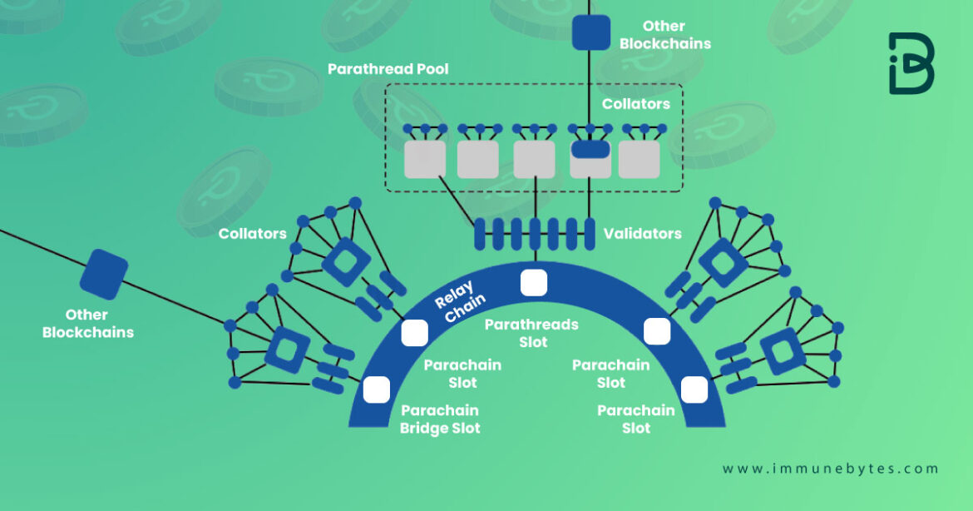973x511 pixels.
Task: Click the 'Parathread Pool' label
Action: tap(388, 69)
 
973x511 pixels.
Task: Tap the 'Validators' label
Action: tap(643, 234)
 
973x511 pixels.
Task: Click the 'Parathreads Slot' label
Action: tap(531, 333)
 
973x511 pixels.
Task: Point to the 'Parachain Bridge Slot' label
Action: tap(440, 419)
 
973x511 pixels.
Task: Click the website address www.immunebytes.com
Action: tap(830, 469)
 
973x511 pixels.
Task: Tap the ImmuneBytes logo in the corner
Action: tap(911, 63)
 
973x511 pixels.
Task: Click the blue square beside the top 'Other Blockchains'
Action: tap(591, 32)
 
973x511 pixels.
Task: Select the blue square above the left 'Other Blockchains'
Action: tap(108, 274)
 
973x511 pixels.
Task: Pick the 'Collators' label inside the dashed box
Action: tap(636, 104)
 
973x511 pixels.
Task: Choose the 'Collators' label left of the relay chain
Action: tap(252, 234)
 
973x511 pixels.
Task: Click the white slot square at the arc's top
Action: tap(534, 282)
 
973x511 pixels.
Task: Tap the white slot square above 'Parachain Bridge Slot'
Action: tap(377, 389)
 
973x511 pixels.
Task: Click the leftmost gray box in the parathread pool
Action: tap(425, 160)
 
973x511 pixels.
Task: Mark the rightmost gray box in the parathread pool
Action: tap(640, 160)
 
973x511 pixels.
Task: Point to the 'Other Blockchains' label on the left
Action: tap(87, 324)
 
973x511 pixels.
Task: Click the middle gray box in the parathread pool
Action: tap(534, 160)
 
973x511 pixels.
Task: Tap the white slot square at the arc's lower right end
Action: tap(694, 389)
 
